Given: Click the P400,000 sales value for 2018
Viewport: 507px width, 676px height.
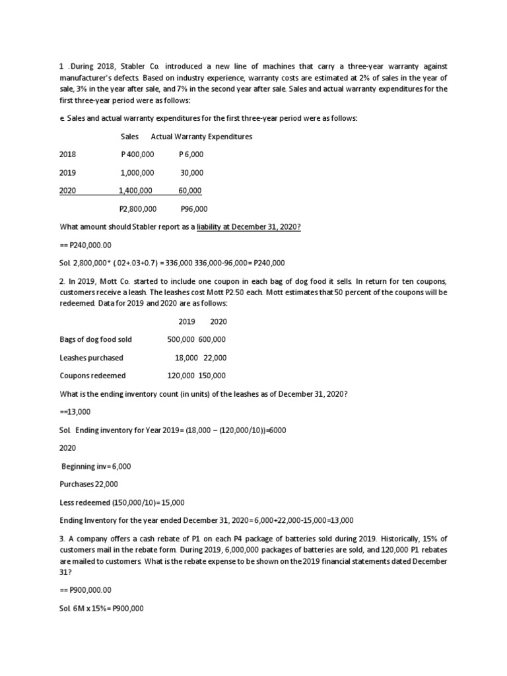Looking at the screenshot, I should point(137,154).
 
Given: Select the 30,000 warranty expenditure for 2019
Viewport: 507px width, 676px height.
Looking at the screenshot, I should point(192,172).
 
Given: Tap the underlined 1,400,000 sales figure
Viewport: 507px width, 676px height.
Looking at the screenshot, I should point(135,191).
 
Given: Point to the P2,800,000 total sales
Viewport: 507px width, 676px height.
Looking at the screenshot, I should point(137,209).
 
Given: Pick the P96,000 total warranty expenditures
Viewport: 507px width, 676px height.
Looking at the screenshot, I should point(194,209).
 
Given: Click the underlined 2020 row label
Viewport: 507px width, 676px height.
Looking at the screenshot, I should point(67,191).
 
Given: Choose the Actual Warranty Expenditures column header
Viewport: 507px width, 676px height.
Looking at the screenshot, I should point(201,137).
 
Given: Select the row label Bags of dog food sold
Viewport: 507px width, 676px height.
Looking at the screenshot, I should point(96,339).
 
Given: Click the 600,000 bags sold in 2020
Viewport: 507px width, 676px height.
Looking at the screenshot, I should point(212,339).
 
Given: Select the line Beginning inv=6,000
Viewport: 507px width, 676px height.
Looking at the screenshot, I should point(96,466).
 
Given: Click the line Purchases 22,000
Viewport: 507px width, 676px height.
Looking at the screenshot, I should point(90,484).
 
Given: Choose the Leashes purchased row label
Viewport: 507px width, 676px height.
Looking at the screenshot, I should point(91,358).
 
